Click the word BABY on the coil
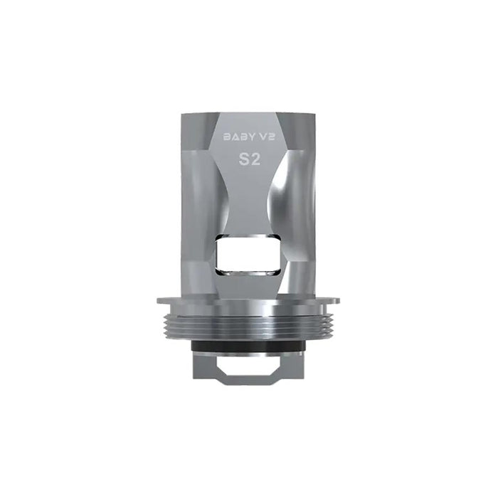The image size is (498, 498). point(239,137)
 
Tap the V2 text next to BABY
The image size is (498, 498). point(267,137)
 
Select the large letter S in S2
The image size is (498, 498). point(243,160)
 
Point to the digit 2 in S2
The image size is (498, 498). point(255,160)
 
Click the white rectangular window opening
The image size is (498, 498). point(248,255)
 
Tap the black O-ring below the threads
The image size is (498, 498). point(249,346)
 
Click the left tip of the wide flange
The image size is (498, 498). point(157,300)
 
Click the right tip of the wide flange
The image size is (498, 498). point(340,300)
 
